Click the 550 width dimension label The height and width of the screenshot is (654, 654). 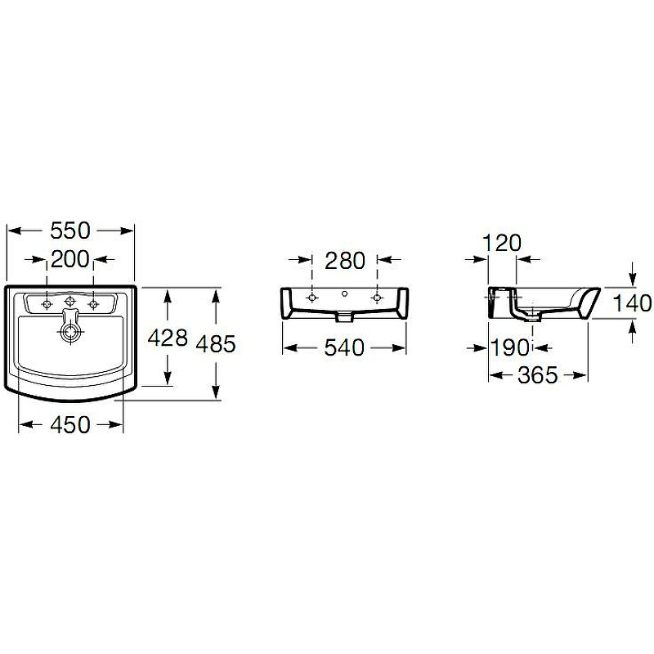pyautogui.click(x=70, y=231)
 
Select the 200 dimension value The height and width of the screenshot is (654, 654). pyautogui.click(x=70, y=260)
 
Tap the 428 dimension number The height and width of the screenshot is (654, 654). pyautogui.click(x=168, y=338)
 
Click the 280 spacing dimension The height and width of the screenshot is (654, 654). pyautogui.click(x=343, y=261)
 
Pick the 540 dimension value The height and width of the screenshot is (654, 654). pyautogui.click(x=343, y=347)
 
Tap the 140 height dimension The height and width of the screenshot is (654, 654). pyautogui.click(x=633, y=302)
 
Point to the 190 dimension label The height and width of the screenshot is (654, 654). pyautogui.click(x=511, y=347)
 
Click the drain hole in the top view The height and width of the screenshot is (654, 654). pyautogui.click(x=70, y=332)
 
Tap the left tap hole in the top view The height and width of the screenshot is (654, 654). pyautogui.click(x=47, y=304)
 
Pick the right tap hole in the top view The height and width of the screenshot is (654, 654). pyautogui.click(x=93, y=304)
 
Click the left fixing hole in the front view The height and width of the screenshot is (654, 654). pyautogui.click(x=311, y=298)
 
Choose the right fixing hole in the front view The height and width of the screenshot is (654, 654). pyautogui.click(x=376, y=298)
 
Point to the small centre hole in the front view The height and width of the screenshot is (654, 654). pyautogui.click(x=344, y=293)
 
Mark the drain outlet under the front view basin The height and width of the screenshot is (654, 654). pyautogui.click(x=344, y=314)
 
